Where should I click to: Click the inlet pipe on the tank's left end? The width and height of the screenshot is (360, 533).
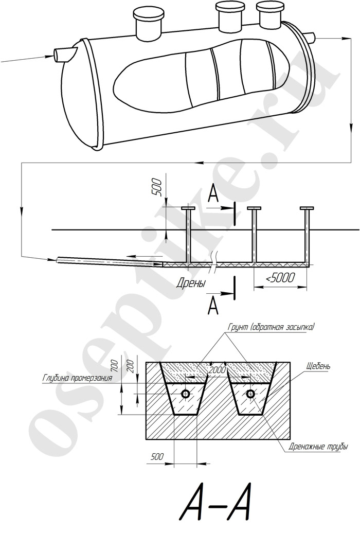click(x=65, y=55)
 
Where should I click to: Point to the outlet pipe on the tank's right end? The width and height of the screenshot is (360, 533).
click(x=311, y=37)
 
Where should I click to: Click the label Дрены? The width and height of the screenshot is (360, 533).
click(x=191, y=283)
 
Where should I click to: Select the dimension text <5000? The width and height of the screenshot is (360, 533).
click(x=280, y=278)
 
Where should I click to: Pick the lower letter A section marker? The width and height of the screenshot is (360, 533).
click(x=213, y=306)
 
